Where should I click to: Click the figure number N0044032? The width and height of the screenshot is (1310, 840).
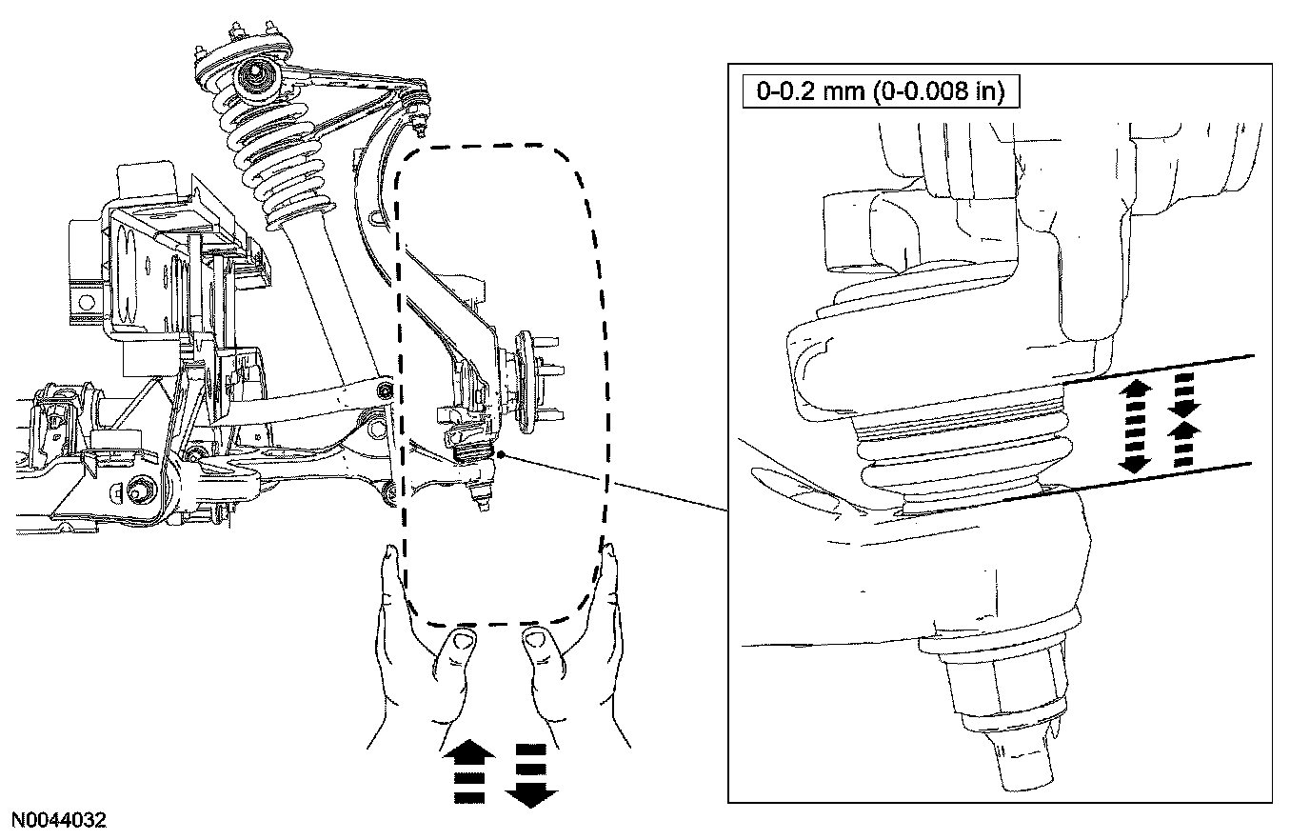pos(58,820)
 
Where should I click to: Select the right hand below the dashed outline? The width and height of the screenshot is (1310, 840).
pos(576,657)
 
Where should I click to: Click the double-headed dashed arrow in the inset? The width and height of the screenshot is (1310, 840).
pos(1136,423)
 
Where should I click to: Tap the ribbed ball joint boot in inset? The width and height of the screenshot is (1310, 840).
pos(962,457)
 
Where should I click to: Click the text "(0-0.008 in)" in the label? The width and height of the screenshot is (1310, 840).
pos(942,92)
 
